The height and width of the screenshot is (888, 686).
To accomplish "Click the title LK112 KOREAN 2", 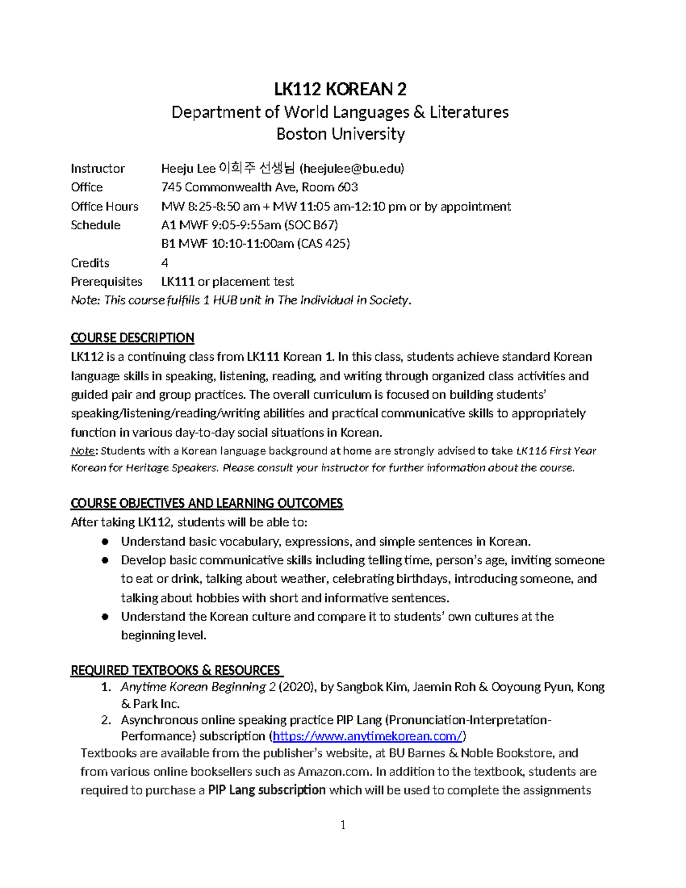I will [x=340, y=89].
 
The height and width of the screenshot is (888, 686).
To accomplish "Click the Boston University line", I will [x=340, y=134].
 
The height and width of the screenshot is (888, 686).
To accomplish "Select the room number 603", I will [x=347, y=187].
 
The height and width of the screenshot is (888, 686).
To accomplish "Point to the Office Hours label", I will [x=105, y=206].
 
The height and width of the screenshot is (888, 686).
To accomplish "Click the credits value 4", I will [x=165, y=263].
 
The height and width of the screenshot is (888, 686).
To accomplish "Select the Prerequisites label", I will [x=106, y=282].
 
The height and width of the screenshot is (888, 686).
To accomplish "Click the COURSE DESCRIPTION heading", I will [x=132, y=338].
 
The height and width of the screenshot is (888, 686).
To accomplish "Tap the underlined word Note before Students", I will [x=82, y=451].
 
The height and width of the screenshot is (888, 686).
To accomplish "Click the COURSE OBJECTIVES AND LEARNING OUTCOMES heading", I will [x=206, y=503].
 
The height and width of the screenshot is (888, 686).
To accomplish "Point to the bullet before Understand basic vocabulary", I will [x=105, y=541].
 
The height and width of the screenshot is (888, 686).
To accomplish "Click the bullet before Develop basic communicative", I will [x=105, y=560].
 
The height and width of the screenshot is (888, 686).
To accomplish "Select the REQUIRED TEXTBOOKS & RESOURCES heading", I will [x=176, y=670].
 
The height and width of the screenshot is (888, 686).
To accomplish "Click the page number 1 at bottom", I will [x=343, y=825].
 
